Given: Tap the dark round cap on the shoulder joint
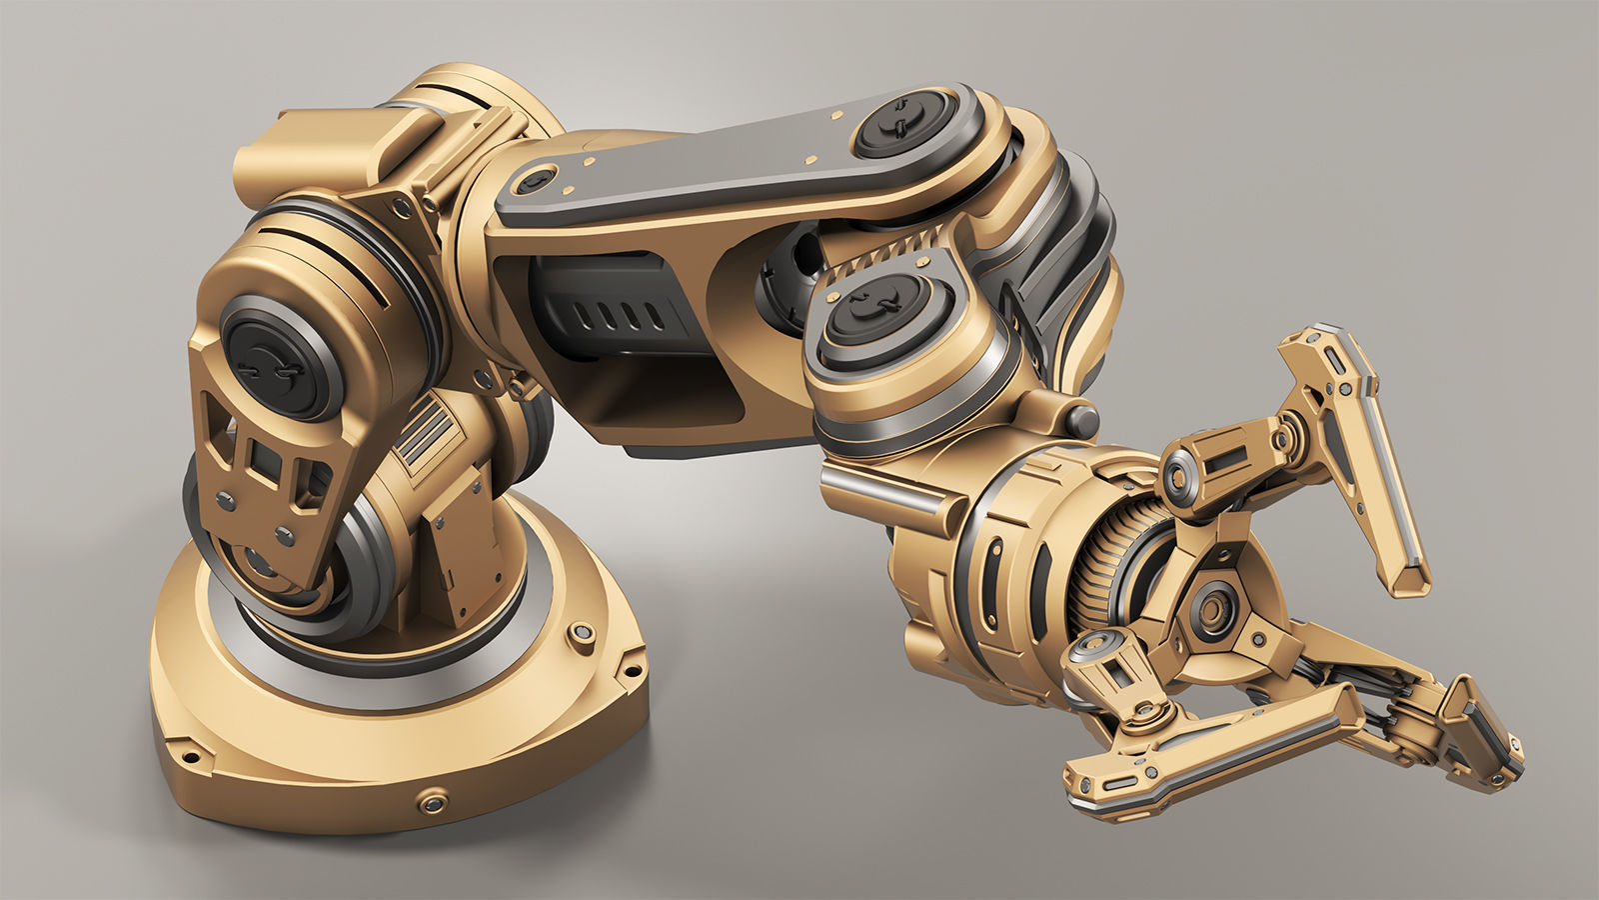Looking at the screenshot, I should (x=268, y=356).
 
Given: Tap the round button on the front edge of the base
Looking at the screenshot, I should (x=433, y=802).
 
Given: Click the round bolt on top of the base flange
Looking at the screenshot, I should (x=578, y=634).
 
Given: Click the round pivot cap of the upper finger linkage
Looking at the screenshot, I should (x=1179, y=474).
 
